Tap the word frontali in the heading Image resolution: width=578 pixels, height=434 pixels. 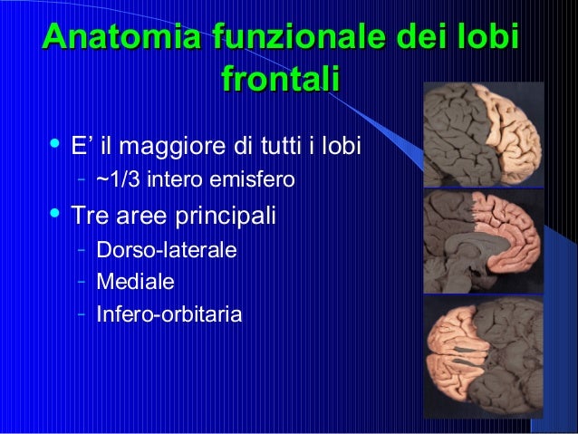(280, 80)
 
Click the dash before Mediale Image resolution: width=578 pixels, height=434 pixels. (82, 281)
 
